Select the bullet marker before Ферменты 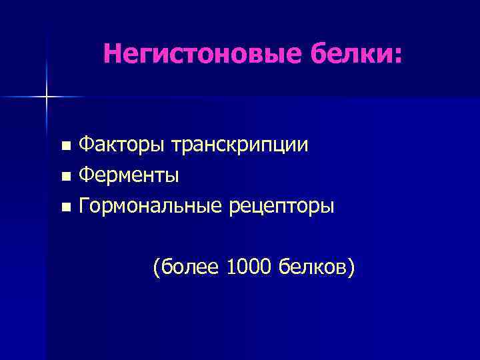[65, 177]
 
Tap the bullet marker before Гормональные [65, 208]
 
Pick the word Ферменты [129, 176]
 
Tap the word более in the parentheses [190, 268]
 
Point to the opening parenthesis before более [156, 269]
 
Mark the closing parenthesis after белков [351, 269]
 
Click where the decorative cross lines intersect [47, 97]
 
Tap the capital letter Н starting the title [111, 55]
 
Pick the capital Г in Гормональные [84, 207]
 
